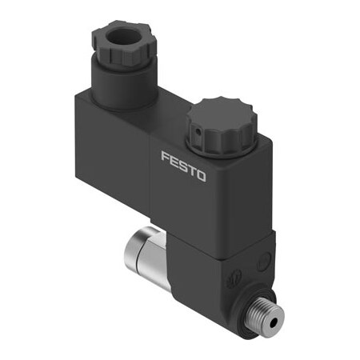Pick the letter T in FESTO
tap(191, 169)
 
